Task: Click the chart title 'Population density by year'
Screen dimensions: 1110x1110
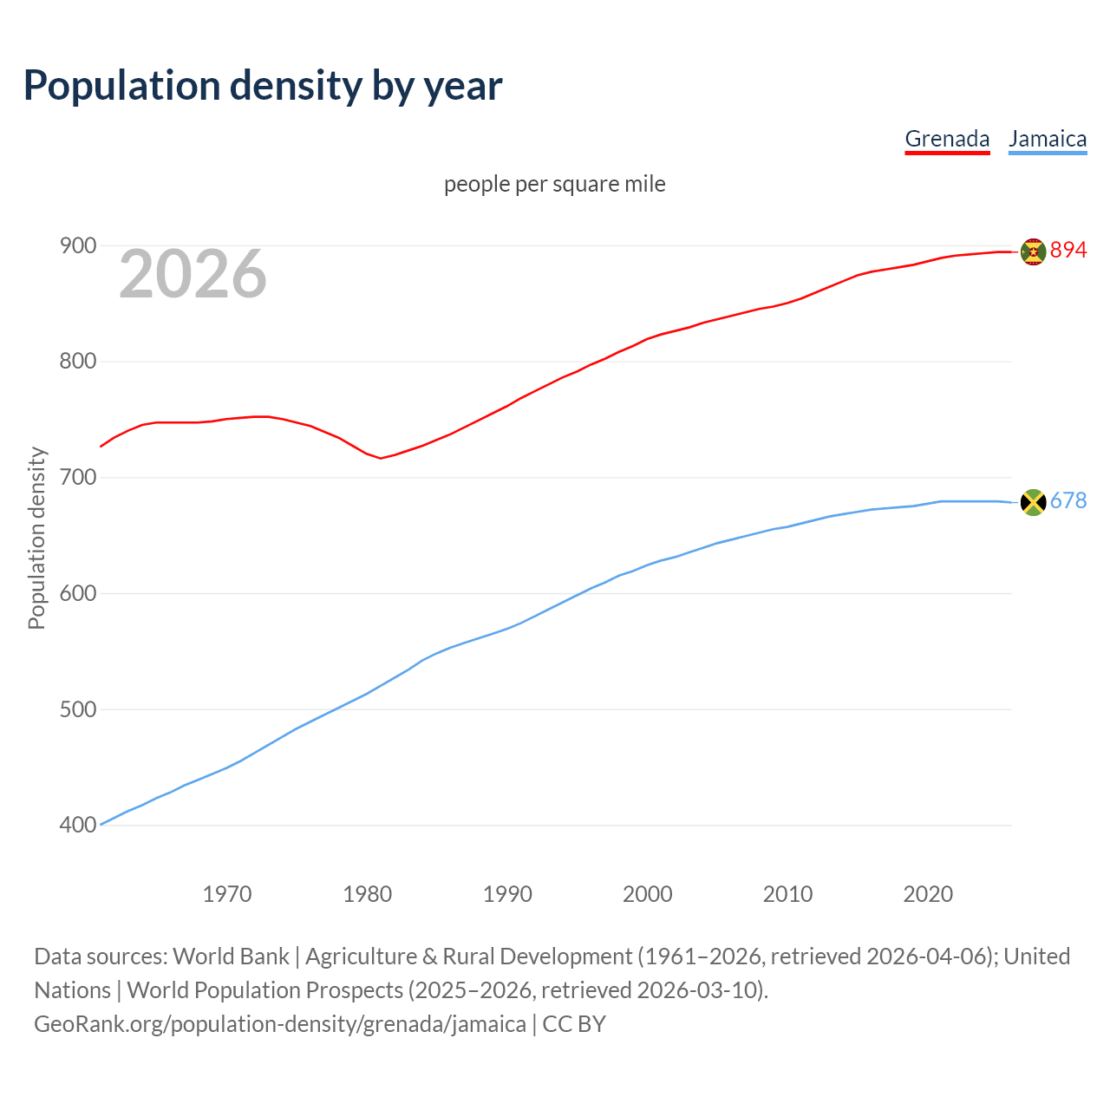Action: (x=263, y=86)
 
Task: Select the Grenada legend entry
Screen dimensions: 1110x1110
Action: (x=947, y=139)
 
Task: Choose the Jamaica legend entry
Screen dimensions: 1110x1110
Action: (x=1048, y=139)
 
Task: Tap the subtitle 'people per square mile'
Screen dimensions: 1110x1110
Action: (x=554, y=184)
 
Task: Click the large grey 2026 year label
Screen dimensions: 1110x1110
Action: (x=193, y=274)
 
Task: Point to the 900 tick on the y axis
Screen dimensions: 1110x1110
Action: (x=77, y=246)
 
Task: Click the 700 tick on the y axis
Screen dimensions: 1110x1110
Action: (x=77, y=478)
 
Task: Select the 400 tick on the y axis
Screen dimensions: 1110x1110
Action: (x=77, y=826)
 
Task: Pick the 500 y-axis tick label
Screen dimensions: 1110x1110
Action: (x=77, y=709)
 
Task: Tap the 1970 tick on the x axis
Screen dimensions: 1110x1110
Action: (x=227, y=894)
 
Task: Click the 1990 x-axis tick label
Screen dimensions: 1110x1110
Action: (x=507, y=894)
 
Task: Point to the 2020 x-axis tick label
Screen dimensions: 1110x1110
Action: (x=928, y=894)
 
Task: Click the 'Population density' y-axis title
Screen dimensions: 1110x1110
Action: (x=36, y=538)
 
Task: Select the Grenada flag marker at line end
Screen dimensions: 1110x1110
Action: (x=1033, y=251)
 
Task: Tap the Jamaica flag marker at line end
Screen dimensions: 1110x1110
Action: (x=1033, y=502)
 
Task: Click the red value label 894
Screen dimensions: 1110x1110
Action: (x=1068, y=251)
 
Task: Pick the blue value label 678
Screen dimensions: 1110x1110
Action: (x=1068, y=501)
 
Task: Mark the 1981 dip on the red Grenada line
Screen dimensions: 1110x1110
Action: (x=381, y=458)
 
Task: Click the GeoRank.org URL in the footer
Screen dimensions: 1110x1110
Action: (x=280, y=1024)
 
